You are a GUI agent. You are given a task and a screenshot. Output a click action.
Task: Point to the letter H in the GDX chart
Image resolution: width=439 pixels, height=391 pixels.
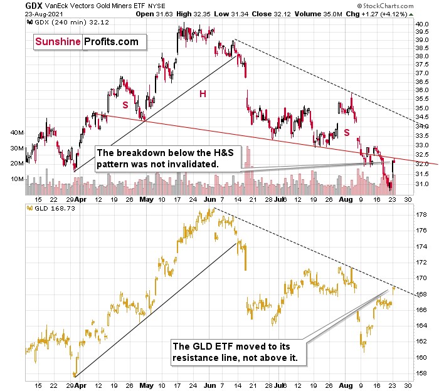click(x=203, y=93)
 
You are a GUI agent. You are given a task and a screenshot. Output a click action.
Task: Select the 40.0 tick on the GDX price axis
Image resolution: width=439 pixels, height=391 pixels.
click(x=421, y=24)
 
